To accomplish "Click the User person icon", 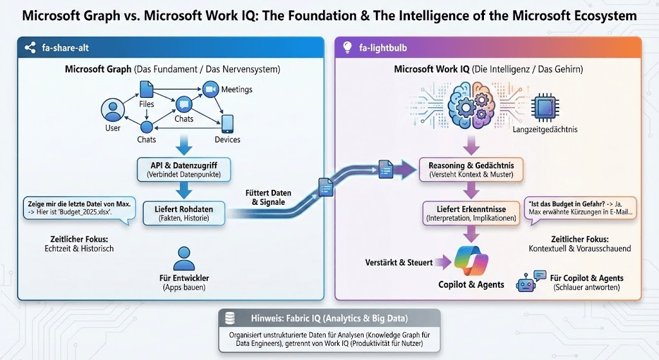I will point(113,111).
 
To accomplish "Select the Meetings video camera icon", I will point(210,89).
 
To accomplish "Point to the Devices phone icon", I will point(227,123).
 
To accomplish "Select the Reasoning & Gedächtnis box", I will point(471,169).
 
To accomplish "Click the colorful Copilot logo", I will point(472,261).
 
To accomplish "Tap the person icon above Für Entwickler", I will point(183,258).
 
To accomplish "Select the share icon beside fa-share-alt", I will point(28,47).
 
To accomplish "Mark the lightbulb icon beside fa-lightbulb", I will point(347,47).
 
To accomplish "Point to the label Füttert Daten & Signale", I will point(268,198).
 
